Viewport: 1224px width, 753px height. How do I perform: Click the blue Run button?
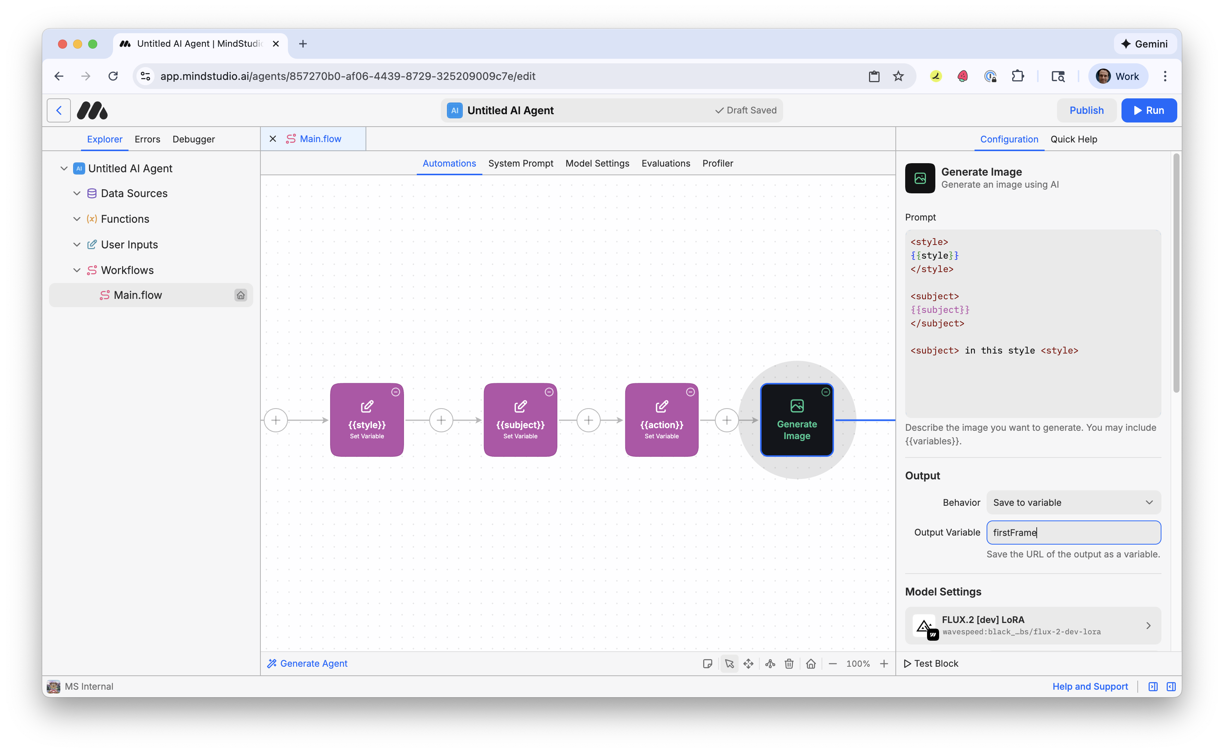[1148, 110]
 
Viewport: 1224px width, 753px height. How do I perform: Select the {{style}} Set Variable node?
[367, 420]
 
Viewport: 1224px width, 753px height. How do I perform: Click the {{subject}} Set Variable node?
[520, 420]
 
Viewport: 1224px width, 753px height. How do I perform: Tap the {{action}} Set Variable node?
[661, 420]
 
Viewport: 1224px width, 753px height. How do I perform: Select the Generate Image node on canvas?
[796, 420]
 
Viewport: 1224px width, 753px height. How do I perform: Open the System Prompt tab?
[520, 163]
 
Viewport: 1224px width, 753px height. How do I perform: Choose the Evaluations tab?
[665, 163]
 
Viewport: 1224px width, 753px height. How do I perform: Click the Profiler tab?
[717, 163]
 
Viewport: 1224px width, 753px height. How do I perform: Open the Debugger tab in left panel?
[193, 139]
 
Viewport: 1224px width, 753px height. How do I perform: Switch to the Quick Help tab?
[1073, 139]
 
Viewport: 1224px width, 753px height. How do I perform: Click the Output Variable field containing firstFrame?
[1073, 533]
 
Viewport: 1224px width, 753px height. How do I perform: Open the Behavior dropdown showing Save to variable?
[1073, 502]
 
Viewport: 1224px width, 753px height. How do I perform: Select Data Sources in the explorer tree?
[134, 193]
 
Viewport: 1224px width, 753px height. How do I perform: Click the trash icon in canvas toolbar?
[789, 663]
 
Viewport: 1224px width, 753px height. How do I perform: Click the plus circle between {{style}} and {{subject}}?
[441, 420]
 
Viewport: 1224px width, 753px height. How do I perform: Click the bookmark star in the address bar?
[898, 76]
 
